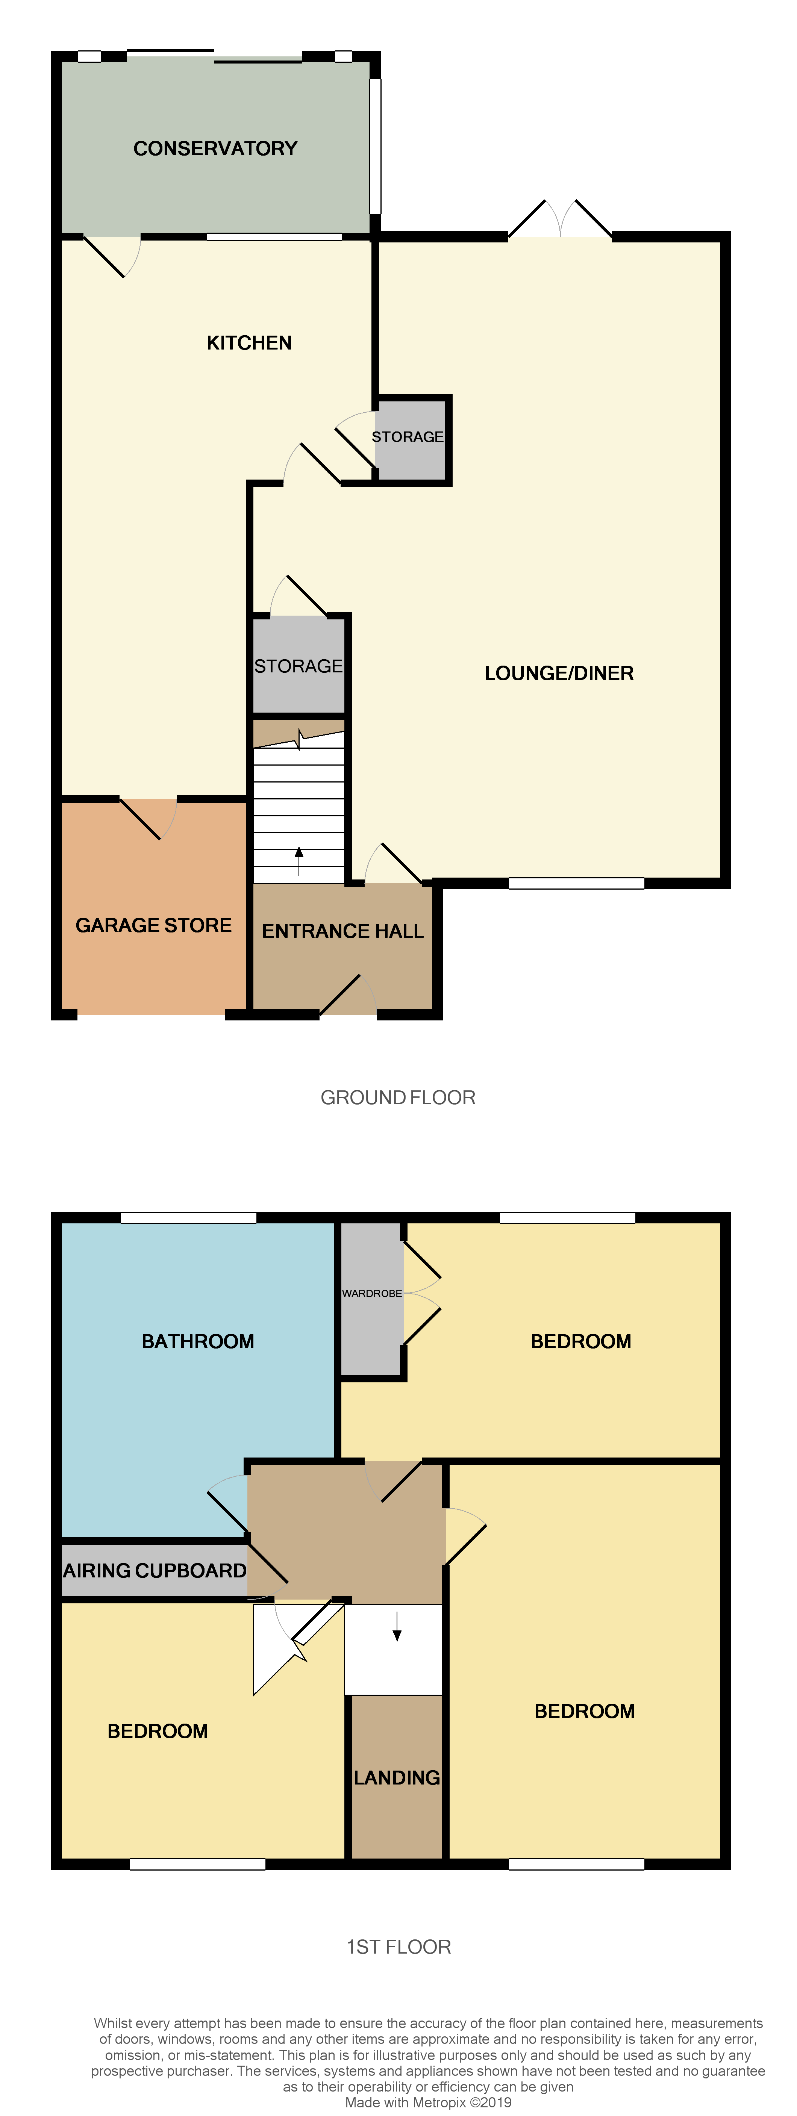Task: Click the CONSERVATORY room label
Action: pyautogui.click(x=215, y=149)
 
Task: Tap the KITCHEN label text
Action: pyautogui.click(x=249, y=342)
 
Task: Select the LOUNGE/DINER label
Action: pyautogui.click(x=559, y=674)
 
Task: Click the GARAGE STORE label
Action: pyautogui.click(x=154, y=926)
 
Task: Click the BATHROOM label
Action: pyautogui.click(x=198, y=1341)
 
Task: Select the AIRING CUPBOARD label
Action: pyautogui.click(x=155, y=1571)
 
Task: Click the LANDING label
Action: pyautogui.click(x=397, y=1778)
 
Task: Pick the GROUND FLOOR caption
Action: pyautogui.click(x=398, y=1097)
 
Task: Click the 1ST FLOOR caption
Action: pyautogui.click(x=398, y=1947)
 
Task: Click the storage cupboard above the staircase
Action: pyautogui.click(x=298, y=665)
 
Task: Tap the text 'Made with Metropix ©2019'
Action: pyautogui.click(x=428, y=2102)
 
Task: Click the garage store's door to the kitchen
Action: pyautogui.click(x=148, y=819)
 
